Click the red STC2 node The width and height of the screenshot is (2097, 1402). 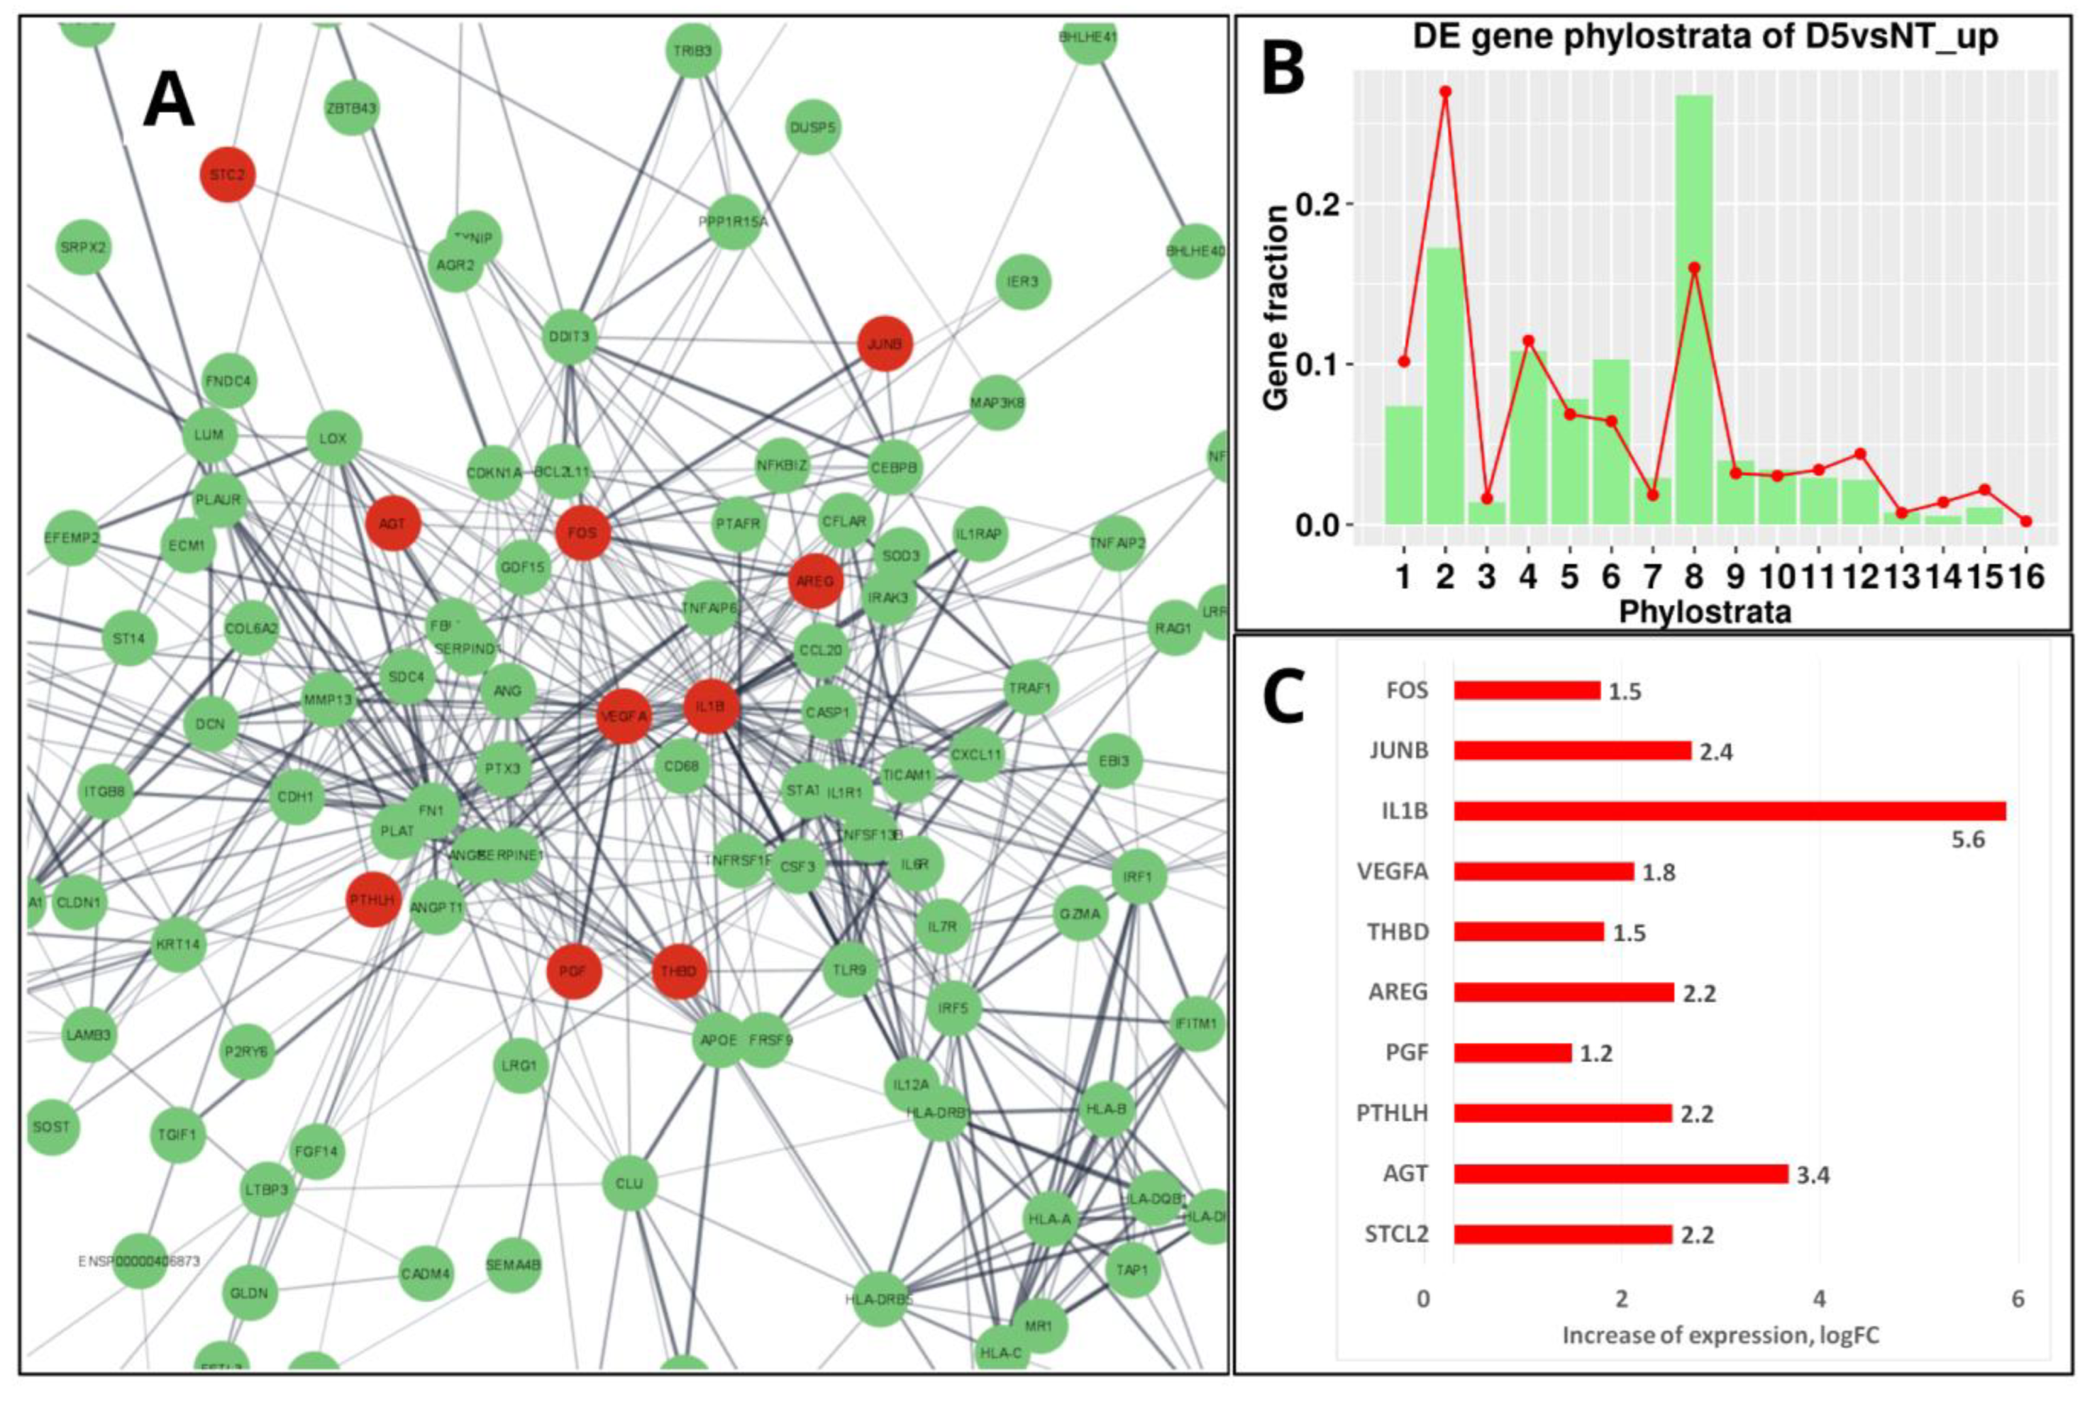227,174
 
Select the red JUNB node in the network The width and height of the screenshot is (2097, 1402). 885,343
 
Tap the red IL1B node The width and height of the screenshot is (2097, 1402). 711,706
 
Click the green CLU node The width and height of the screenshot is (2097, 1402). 629,1183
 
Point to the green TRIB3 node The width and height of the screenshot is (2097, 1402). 693,51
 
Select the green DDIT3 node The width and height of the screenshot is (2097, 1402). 570,336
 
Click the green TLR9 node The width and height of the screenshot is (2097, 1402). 850,969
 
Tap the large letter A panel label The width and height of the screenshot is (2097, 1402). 169,101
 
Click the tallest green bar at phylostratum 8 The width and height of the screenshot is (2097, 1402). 1693,313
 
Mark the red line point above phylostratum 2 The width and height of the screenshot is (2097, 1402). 1446,91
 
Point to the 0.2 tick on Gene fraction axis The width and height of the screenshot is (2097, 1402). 1317,204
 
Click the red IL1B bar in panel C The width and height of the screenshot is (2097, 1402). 1730,811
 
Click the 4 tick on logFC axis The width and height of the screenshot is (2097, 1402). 1820,1298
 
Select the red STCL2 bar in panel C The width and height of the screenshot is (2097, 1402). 1562,1235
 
